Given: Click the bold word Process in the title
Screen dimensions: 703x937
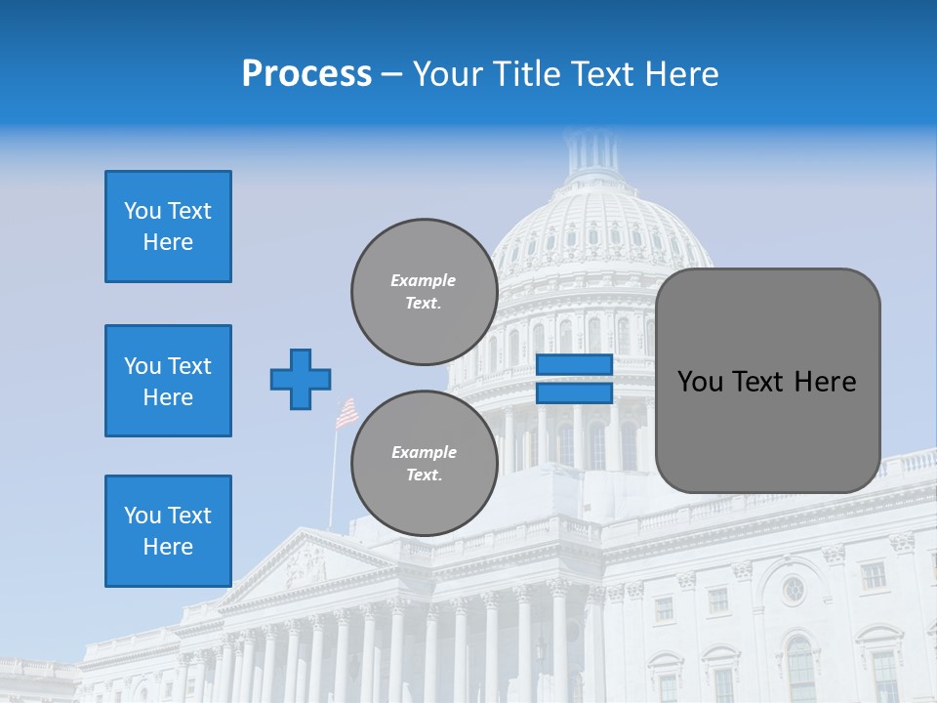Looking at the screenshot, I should (x=306, y=74).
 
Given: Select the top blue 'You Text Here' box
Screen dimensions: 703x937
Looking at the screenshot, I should (x=168, y=227).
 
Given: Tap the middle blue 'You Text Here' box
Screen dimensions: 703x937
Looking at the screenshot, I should (x=168, y=381).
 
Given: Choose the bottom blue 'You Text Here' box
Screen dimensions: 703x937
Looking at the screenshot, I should (x=168, y=531).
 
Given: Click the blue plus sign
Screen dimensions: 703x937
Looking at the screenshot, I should (x=301, y=379).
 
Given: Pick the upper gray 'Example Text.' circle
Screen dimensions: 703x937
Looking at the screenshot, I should (x=424, y=292).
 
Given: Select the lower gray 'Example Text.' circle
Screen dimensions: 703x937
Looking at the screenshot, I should (x=424, y=464).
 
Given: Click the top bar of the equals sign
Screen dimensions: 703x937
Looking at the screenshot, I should (x=574, y=365).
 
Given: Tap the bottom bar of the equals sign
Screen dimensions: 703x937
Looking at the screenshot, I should (x=574, y=393).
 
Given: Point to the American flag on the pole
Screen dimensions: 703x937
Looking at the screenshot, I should (x=346, y=413).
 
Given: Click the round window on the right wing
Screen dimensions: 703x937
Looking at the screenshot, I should (x=793, y=589).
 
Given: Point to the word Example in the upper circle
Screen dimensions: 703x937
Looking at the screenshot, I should (x=424, y=281).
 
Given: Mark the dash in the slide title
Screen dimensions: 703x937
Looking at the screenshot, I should (x=391, y=74).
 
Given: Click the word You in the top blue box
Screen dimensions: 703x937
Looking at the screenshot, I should (x=143, y=211).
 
